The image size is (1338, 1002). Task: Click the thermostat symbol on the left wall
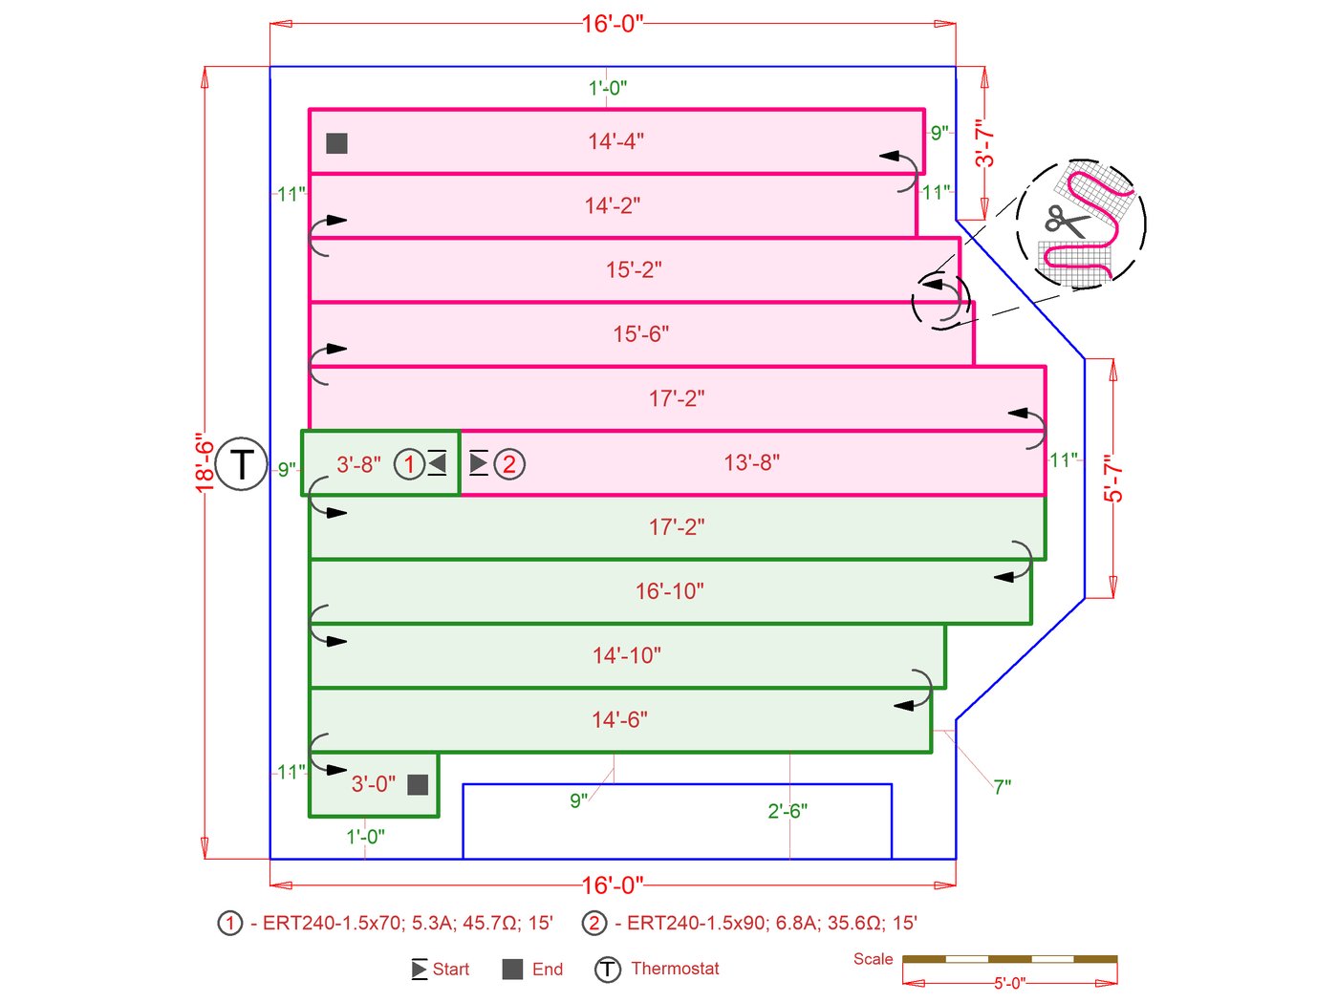coord(241,464)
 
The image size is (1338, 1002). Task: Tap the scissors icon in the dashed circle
coord(1067,221)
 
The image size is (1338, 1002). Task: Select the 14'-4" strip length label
coord(615,141)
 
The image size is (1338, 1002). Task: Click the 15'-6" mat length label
coord(640,334)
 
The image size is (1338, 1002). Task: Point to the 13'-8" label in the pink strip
coord(751,463)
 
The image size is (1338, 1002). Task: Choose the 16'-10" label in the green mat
coord(669,591)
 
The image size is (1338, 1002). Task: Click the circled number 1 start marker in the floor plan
coord(409,464)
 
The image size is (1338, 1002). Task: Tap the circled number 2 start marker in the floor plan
coord(509,464)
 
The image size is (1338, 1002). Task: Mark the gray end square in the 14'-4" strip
coord(336,143)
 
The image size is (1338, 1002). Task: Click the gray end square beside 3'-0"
coord(418,784)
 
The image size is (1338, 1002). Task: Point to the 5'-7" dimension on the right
coord(1113,479)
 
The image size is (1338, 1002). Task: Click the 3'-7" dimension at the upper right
coord(984,143)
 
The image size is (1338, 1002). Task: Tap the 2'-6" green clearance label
coord(788,811)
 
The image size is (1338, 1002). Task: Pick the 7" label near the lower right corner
coord(1002,787)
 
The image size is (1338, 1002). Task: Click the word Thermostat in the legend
coord(675,969)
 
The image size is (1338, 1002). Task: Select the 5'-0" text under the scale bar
coord(1009,983)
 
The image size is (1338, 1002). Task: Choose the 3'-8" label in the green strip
coord(358,464)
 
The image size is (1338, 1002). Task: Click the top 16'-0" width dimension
coord(613,24)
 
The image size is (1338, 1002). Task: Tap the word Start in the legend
coord(450,970)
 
